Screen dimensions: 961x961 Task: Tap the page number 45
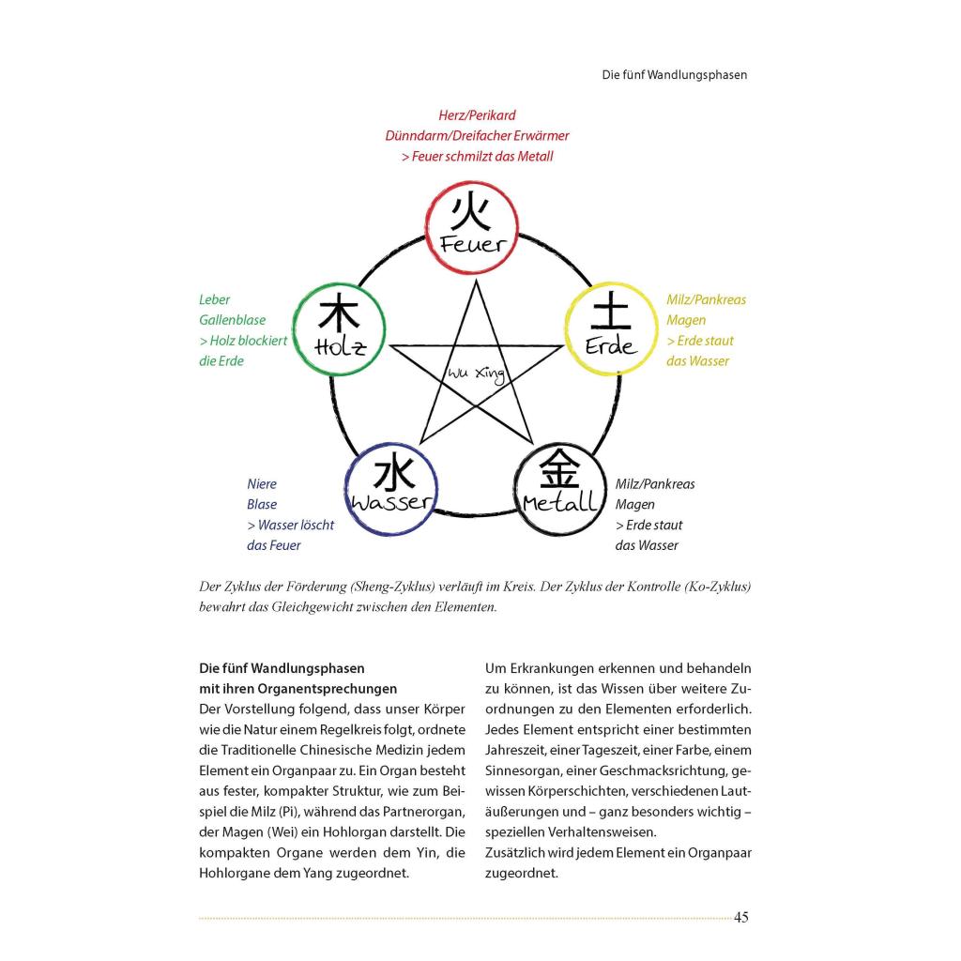tap(740, 917)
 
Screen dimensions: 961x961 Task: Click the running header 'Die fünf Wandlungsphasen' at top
tap(675, 74)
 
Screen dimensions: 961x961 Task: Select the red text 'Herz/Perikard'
tap(477, 115)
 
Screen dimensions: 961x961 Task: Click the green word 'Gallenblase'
tap(232, 320)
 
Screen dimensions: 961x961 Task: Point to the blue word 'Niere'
tap(262, 484)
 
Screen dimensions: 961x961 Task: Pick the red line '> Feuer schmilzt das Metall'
tap(477, 157)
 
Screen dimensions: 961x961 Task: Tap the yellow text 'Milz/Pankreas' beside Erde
tap(706, 299)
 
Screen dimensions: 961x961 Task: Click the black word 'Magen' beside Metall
tap(634, 505)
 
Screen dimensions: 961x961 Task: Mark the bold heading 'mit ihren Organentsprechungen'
tap(297, 689)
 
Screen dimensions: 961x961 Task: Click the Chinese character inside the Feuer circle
tap(470, 213)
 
